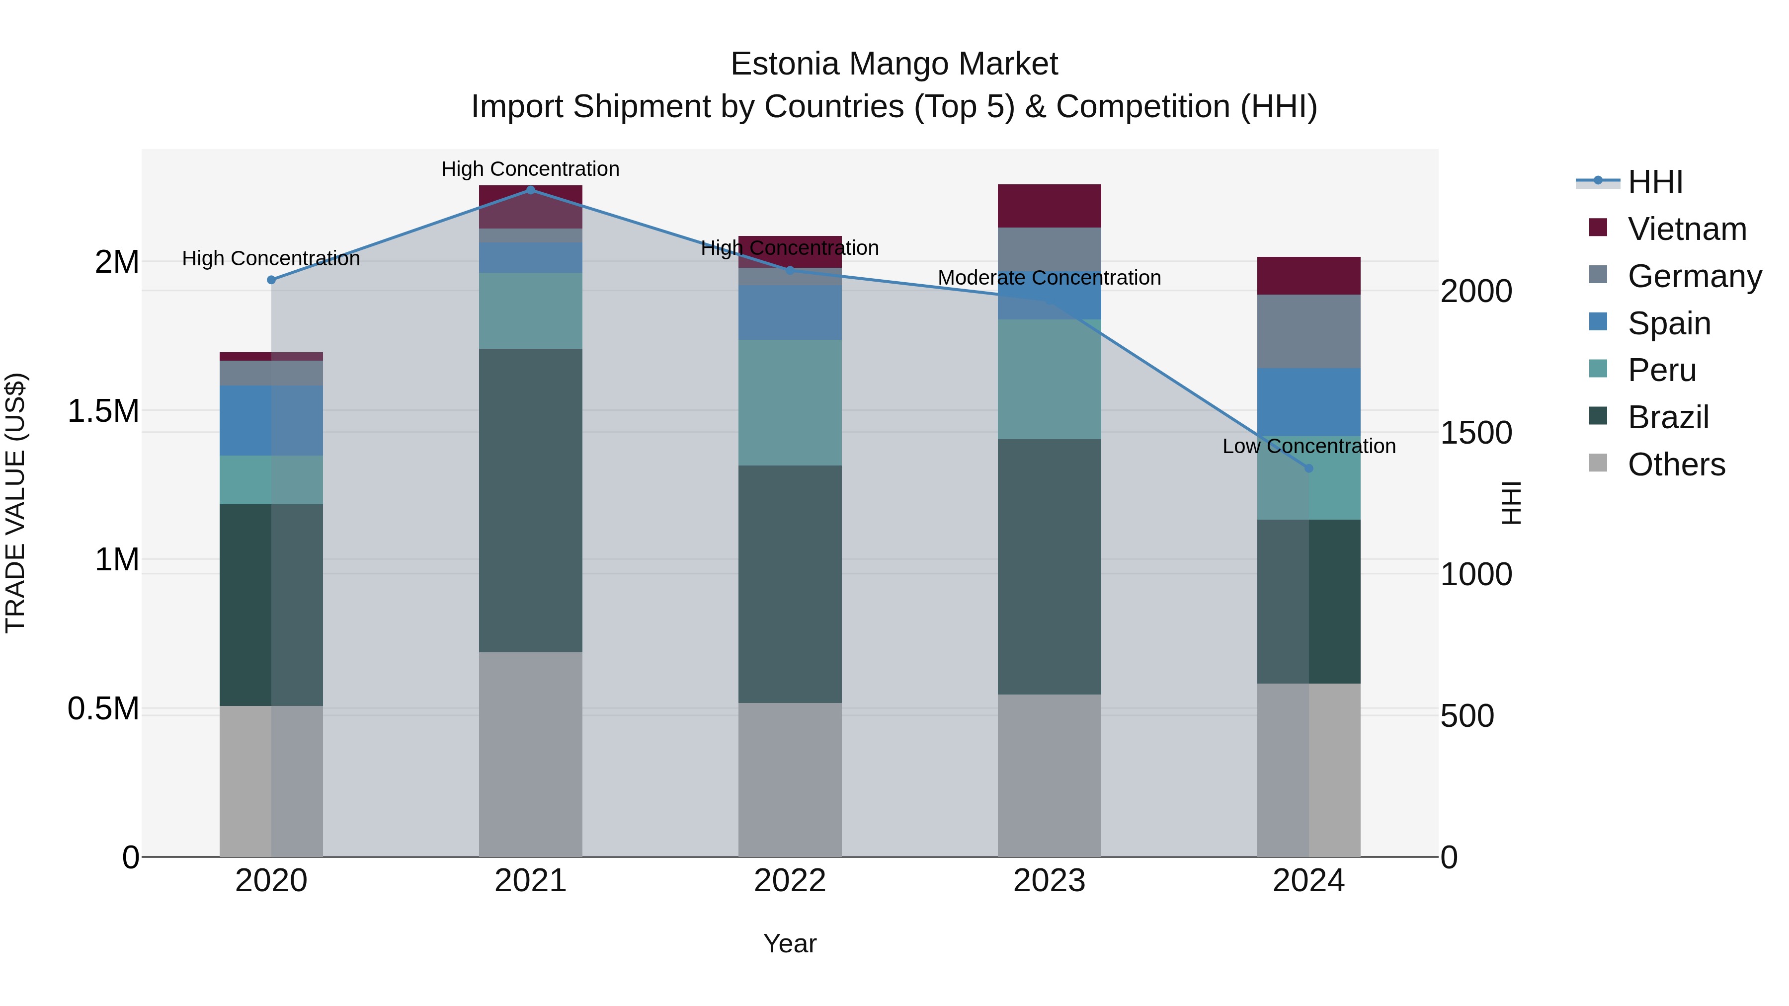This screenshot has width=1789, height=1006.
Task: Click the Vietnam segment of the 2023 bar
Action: (x=1049, y=206)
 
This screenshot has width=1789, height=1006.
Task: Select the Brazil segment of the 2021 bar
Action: (x=531, y=500)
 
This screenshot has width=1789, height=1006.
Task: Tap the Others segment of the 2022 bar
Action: (x=790, y=779)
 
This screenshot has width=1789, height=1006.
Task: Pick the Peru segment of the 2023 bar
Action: (x=1049, y=379)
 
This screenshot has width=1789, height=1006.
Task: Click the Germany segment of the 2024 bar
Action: (x=1308, y=331)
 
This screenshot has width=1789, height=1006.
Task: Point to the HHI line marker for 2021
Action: (x=531, y=190)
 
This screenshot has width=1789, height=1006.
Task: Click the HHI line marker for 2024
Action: (x=1308, y=468)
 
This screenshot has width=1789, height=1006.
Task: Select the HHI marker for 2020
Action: (x=271, y=280)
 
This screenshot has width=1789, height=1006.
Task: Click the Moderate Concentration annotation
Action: (x=1049, y=278)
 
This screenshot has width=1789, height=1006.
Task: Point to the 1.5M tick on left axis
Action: (x=103, y=411)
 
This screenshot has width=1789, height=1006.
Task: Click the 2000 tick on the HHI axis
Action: (x=1476, y=291)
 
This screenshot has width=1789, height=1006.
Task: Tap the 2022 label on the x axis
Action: (x=790, y=880)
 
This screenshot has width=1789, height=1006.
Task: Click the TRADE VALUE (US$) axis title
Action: (x=15, y=503)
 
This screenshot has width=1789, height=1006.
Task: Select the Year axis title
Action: (x=790, y=943)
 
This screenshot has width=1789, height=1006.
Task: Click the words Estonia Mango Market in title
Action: (x=894, y=64)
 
